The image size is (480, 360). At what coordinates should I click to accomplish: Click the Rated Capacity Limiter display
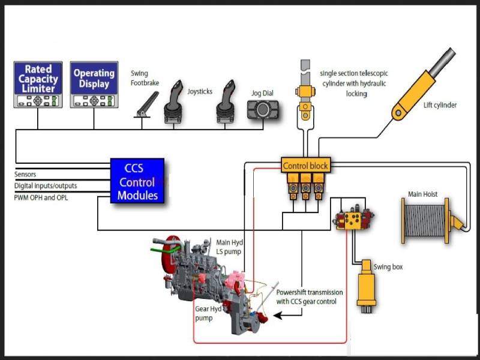click(x=38, y=85)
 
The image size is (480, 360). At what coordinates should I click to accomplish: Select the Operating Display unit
click(x=94, y=85)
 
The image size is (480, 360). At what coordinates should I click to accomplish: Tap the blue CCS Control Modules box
click(x=137, y=181)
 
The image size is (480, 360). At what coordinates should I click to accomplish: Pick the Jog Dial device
click(x=263, y=111)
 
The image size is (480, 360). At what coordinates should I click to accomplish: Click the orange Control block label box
click(x=305, y=165)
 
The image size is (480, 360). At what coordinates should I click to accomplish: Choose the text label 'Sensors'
click(x=25, y=175)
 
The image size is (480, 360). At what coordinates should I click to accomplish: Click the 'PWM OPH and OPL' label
click(x=41, y=197)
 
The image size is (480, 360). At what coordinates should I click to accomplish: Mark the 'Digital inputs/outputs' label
click(x=46, y=186)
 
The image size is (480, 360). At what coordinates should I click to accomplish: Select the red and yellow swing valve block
click(x=353, y=218)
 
